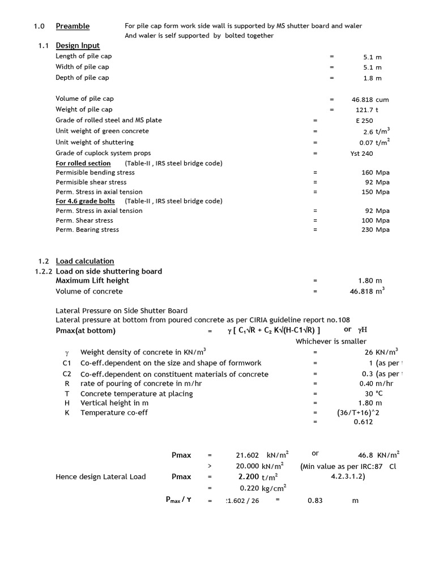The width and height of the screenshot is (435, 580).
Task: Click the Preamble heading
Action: click(x=72, y=26)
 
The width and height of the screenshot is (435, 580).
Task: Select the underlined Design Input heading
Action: click(x=78, y=46)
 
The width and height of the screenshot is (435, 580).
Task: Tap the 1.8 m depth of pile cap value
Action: click(x=372, y=78)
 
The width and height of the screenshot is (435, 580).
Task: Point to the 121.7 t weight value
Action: click(x=366, y=110)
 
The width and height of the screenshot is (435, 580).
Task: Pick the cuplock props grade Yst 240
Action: click(x=362, y=153)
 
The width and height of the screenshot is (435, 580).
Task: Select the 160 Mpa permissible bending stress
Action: click(x=375, y=173)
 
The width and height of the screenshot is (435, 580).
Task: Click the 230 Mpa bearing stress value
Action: click(x=375, y=230)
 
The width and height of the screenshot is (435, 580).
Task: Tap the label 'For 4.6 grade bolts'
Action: click(x=85, y=201)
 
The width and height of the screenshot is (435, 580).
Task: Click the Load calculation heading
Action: click(x=84, y=261)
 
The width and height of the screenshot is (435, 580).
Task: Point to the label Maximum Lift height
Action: click(x=92, y=280)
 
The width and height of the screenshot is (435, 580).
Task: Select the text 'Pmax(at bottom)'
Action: click(x=86, y=331)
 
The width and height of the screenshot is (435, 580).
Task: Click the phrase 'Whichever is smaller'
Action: click(x=331, y=342)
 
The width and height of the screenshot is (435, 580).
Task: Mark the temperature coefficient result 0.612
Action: click(x=363, y=422)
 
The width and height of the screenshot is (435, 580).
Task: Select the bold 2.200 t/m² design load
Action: click(x=254, y=477)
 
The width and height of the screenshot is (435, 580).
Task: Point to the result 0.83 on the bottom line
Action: click(x=315, y=501)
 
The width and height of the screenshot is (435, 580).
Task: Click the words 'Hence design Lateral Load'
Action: click(x=100, y=477)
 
